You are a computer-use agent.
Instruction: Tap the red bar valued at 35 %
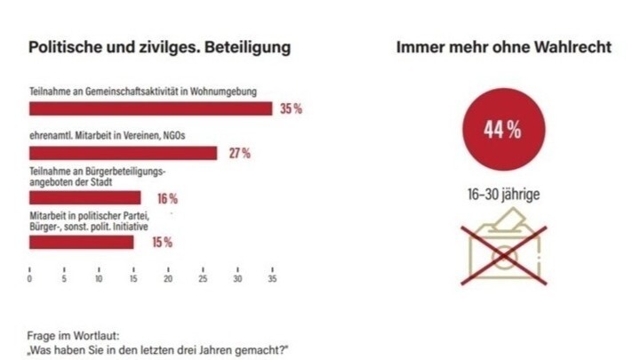click(x=150, y=108)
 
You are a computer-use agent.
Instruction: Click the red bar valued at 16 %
click(x=85, y=197)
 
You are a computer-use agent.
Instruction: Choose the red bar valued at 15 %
click(x=82, y=242)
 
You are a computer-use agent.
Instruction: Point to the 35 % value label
click(x=292, y=108)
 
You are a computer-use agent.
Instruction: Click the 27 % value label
click(x=239, y=153)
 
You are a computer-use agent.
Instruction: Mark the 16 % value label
click(x=167, y=197)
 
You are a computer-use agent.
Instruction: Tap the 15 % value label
click(x=161, y=242)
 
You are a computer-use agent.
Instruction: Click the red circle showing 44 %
click(x=502, y=130)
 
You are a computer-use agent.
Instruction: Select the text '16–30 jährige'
click(x=502, y=193)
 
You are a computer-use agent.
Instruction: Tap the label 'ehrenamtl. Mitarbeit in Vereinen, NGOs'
click(x=110, y=135)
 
